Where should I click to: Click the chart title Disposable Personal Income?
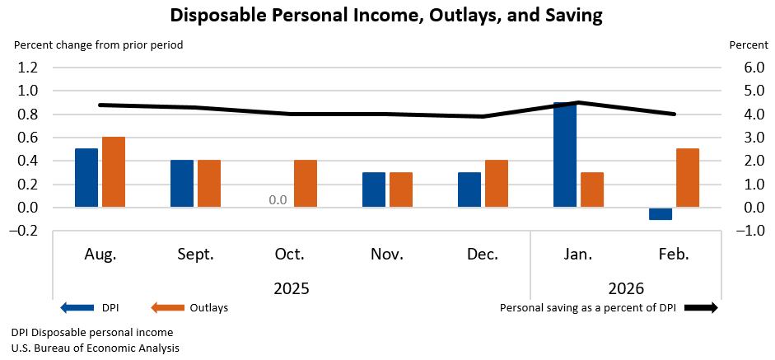[386, 15]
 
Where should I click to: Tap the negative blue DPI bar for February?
[661, 213]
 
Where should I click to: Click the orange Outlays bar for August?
[114, 172]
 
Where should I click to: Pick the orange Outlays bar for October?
[306, 184]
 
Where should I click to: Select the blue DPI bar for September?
[182, 184]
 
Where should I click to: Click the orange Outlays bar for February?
[688, 178]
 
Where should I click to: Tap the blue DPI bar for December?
[469, 189]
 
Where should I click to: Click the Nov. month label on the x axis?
[386, 255]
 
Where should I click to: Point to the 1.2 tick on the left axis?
[29, 68]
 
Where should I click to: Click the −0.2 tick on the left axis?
[26, 231]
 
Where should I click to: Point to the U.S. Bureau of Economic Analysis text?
[96, 348]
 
